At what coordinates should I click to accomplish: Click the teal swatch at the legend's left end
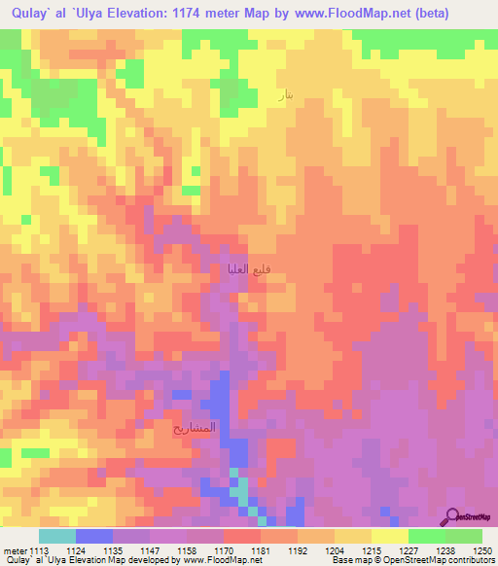57,536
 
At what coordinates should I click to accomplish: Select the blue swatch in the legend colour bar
94,536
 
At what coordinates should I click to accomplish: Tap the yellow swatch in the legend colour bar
390,536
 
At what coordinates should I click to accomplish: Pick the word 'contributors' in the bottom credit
468,560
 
